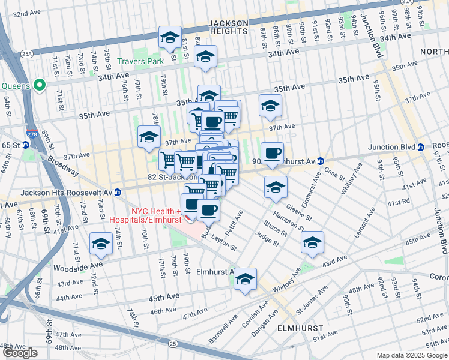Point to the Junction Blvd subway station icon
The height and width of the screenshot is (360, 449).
tap(421, 147)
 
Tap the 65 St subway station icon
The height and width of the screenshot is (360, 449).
tap(26, 145)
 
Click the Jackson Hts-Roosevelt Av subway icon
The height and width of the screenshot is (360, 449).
tap(118, 193)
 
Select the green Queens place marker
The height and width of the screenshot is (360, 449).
tap(40, 85)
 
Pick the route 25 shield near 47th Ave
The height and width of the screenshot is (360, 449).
tap(173, 343)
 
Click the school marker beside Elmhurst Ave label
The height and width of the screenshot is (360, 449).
tap(245, 278)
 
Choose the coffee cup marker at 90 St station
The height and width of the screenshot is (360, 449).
tap(272, 152)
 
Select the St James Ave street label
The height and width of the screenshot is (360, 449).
tap(315, 299)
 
